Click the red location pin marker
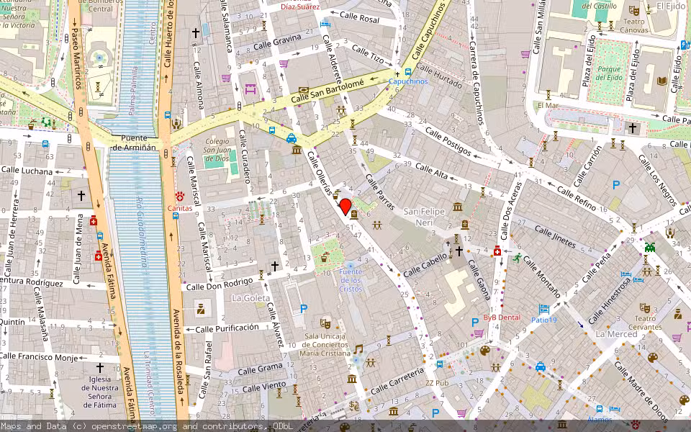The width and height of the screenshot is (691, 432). [x=345, y=207]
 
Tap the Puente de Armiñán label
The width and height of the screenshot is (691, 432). [x=134, y=143]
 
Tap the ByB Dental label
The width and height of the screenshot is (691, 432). [x=501, y=317]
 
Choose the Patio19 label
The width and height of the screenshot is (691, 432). [x=544, y=320]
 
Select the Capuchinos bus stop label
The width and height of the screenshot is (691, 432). [x=409, y=82]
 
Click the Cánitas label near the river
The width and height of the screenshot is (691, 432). [x=180, y=209]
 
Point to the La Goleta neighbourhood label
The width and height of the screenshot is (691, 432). [x=250, y=297]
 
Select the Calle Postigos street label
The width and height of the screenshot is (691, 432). [x=448, y=142]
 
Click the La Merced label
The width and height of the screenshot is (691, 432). [x=616, y=334]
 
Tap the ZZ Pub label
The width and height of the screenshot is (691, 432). [x=436, y=383]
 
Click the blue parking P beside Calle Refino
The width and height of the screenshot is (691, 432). [x=615, y=185]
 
